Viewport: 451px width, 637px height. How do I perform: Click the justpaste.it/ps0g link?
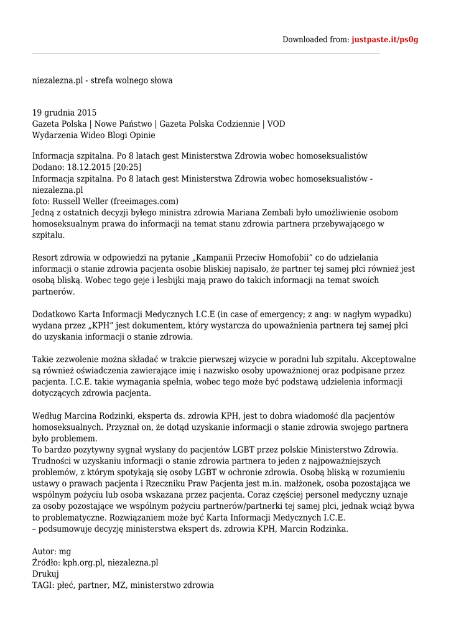click(384, 40)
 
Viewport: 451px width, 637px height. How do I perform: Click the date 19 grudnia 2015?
click(64, 113)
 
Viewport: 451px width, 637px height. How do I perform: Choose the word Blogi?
click(118, 136)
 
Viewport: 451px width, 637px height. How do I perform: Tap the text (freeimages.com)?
click(144, 202)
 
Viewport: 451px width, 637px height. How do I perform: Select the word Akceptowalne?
click(390, 360)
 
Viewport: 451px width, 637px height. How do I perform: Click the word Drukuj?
click(45, 574)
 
